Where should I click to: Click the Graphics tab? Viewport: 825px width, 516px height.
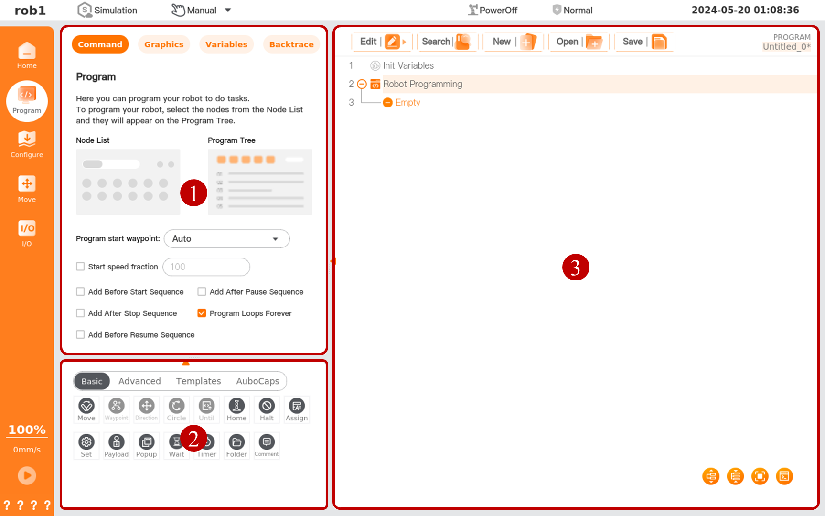pos(164,44)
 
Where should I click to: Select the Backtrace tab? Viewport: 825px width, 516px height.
pos(291,44)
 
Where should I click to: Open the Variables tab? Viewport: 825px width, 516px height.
pos(226,44)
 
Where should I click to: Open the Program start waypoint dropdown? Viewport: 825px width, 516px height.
pos(227,239)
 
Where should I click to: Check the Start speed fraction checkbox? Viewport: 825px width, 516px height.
pos(80,267)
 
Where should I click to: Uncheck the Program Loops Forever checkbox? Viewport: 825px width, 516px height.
pos(202,313)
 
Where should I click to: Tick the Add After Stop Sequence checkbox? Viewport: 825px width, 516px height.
pos(80,313)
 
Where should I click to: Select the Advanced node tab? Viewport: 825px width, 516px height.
pos(139,381)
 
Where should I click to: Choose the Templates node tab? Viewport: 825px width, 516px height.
pos(198,381)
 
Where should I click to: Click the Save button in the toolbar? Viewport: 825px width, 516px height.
pos(644,42)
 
